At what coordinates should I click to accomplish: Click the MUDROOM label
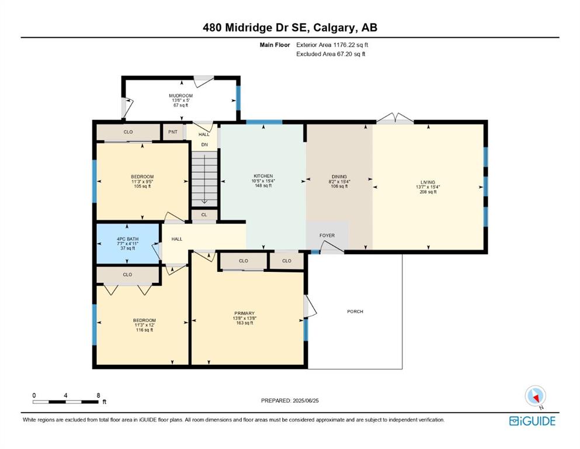pyautogui.click(x=180, y=95)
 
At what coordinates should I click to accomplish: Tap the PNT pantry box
pyautogui.click(x=173, y=132)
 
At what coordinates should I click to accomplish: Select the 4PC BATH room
pyautogui.click(x=128, y=244)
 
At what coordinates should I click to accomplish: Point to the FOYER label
pyautogui.click(x=327, y=236)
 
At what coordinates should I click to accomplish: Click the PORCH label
pyautogui.click(x=355, y=312)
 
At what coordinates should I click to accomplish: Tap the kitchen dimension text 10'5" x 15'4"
pyautogui.click(x=263, y=181)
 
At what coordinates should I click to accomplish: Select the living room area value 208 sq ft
pyautogui.click(x=428, y=192)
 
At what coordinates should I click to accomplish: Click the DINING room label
pyautogui.click(x=339, y=177)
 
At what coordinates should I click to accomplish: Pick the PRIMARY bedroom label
pyautogui.click(x=245, y=313)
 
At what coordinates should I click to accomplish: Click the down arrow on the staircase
pyautogui.click(x=204, y=179)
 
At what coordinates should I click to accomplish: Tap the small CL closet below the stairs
pyautogui.click(x=204, y=215)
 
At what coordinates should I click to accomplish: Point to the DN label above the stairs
pyautogui.click(x=204, y=145)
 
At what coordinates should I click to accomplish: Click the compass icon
pyautogui.click(x=535, y=396)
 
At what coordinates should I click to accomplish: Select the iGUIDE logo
pyautogui.click(x=532, y=422)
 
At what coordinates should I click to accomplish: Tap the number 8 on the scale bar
pyautogui.click(x=98, y=395)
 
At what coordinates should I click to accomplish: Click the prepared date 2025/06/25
pyautogui.click(x=305, y=400)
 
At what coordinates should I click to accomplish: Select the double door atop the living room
pyautogui.click(x=395, y=118)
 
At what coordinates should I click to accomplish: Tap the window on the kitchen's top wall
pyautogui.click(x=264, y=122)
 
